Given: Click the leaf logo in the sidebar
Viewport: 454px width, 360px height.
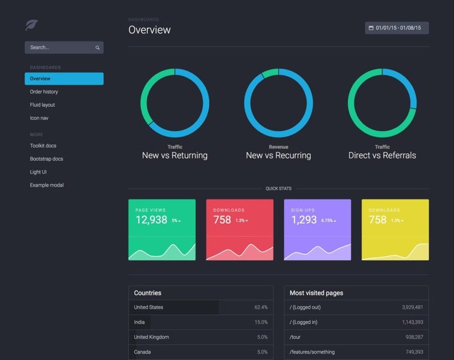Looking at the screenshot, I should (31, 25).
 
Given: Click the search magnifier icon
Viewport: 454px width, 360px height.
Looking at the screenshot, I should (97, 47).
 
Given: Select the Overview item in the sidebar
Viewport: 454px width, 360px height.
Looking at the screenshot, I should (40, 79).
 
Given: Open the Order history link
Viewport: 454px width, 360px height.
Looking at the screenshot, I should (44, 92).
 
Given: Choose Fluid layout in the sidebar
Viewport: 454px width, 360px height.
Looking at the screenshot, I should (43, 105).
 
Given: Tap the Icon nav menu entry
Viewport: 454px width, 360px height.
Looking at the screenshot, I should (39, 118).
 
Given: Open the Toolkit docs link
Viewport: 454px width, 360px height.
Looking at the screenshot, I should (43, 146).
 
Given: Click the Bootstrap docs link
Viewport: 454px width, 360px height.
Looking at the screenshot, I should (46, 159).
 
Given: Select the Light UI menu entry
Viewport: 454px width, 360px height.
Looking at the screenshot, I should (38, 172).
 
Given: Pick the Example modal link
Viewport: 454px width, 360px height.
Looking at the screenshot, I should (47, 185).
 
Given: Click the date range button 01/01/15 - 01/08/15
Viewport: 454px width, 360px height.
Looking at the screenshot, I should (396, 28).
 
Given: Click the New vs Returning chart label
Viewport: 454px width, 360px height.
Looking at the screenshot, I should (175, 155).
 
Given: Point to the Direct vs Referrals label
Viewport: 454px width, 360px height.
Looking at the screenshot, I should (382, 155).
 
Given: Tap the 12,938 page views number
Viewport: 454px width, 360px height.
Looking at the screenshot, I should (151, 220).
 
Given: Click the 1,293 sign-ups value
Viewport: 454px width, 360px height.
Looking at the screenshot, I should (304, 220).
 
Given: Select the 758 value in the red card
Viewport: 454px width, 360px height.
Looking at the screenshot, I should (222, 220).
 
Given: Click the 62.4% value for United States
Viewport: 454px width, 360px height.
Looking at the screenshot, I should (261, 307).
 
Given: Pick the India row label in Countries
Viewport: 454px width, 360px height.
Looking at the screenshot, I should (139, 322).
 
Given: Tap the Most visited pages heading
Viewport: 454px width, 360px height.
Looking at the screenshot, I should (316, 293).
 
